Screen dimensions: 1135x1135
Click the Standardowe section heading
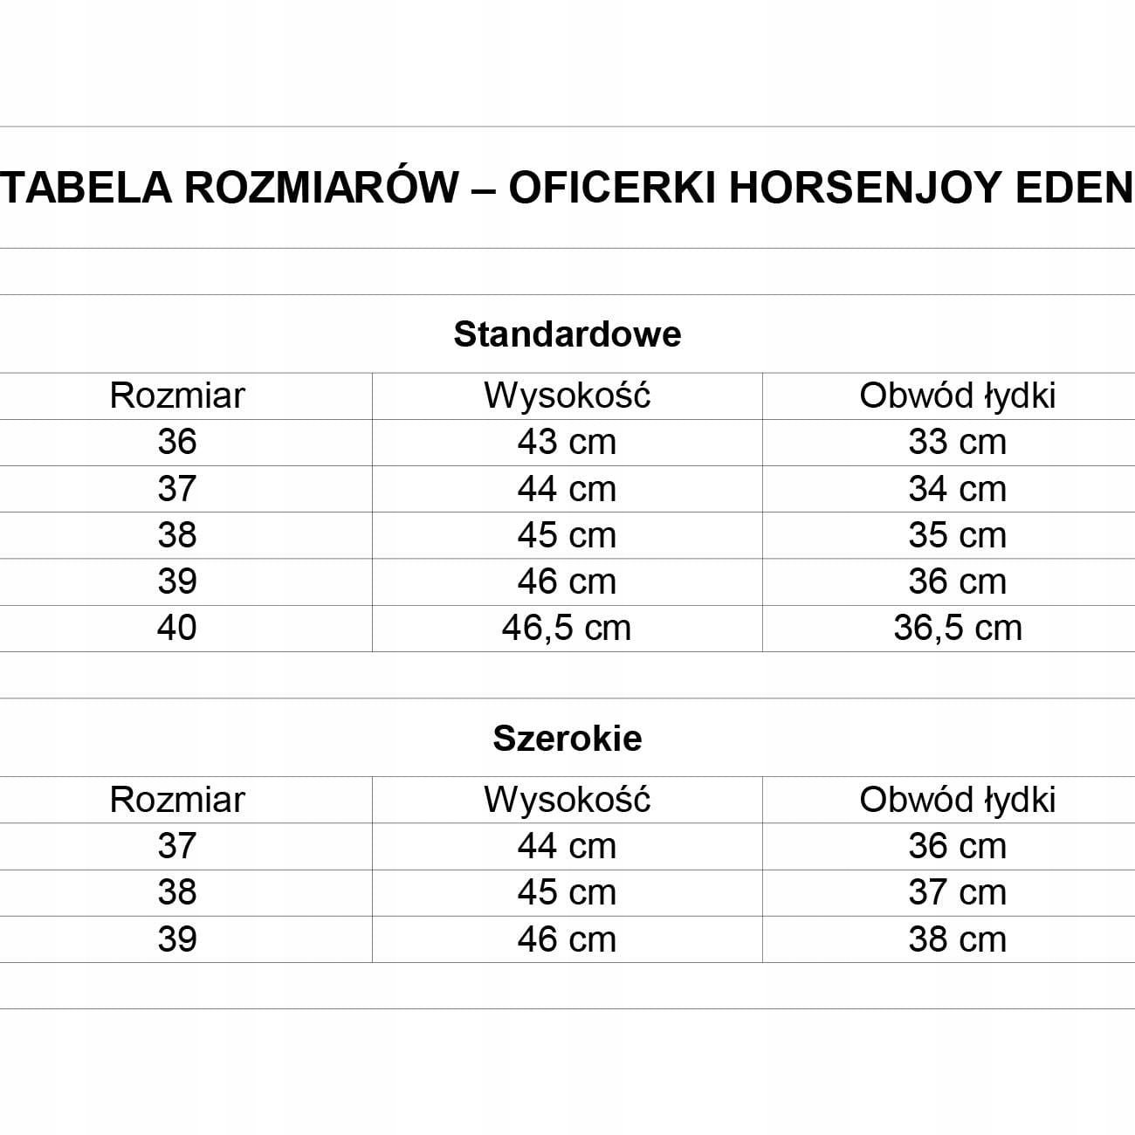567,334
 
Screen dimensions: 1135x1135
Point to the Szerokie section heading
567,739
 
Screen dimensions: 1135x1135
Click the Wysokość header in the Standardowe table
567,396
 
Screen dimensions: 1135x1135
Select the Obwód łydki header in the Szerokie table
958,800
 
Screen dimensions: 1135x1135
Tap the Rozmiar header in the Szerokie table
177,800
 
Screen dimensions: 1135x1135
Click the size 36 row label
177,442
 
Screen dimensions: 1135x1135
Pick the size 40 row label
177,628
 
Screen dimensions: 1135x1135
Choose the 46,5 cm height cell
567,628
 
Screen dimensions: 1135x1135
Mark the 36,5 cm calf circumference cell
958,628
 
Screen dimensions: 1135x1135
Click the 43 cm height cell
567,442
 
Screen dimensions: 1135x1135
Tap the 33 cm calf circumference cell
958,442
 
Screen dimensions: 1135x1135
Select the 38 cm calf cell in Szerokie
958,939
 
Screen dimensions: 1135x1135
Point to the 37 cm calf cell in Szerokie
958,892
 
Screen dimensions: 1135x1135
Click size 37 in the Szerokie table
177,846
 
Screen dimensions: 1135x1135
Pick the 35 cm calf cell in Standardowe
958,535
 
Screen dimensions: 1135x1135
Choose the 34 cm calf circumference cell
958,489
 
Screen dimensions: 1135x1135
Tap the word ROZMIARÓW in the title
321,187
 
